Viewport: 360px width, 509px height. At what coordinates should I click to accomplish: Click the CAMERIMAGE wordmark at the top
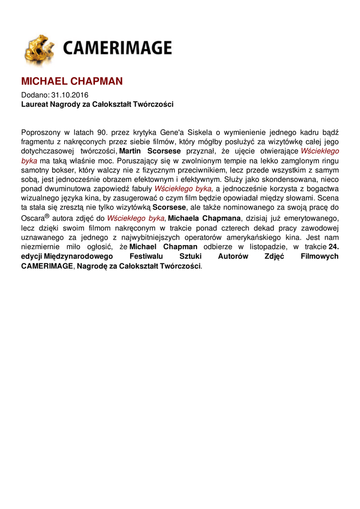(117, 48)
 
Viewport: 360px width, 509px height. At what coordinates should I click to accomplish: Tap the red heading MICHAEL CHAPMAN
(72, 82)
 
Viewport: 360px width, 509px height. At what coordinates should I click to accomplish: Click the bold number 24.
(334, 247)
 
